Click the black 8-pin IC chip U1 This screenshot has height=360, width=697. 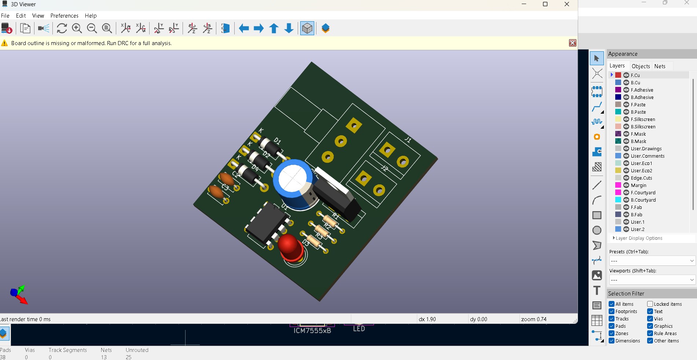click(267, 221)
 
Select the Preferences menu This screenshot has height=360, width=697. click(64, 16)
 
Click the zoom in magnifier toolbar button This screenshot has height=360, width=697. click(77, 28)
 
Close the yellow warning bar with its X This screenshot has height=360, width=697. click(572, 43)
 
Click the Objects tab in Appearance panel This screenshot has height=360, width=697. click(641, 66)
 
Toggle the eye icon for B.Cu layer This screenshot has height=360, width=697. click(626, 82)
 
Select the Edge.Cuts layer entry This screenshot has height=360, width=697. click(641, 178)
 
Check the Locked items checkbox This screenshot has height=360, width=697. click(650, 304)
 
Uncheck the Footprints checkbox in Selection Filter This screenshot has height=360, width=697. click(612, 311)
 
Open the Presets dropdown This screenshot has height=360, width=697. click(652, 261)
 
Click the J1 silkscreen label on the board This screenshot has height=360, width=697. click(408, 139)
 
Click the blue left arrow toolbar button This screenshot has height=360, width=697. click(244, 28)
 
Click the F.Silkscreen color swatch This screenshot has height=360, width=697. click(618, 119)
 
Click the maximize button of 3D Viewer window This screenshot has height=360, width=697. click(545, 4)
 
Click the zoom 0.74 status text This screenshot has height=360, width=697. click(533, 319)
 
